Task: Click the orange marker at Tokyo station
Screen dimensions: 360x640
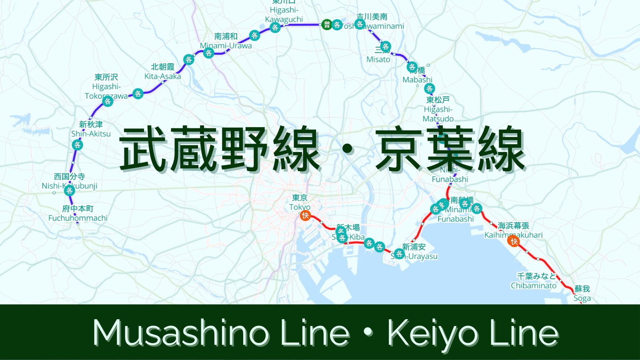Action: (305, 216)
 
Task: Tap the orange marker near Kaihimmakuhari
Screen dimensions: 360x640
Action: (514, 241)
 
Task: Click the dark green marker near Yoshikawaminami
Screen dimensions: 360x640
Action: (327, 25)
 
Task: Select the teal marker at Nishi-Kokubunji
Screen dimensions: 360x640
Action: (70, 190)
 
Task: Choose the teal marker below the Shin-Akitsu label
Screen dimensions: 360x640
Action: (78, 145)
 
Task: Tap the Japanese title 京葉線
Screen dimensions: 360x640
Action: (450, 149)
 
